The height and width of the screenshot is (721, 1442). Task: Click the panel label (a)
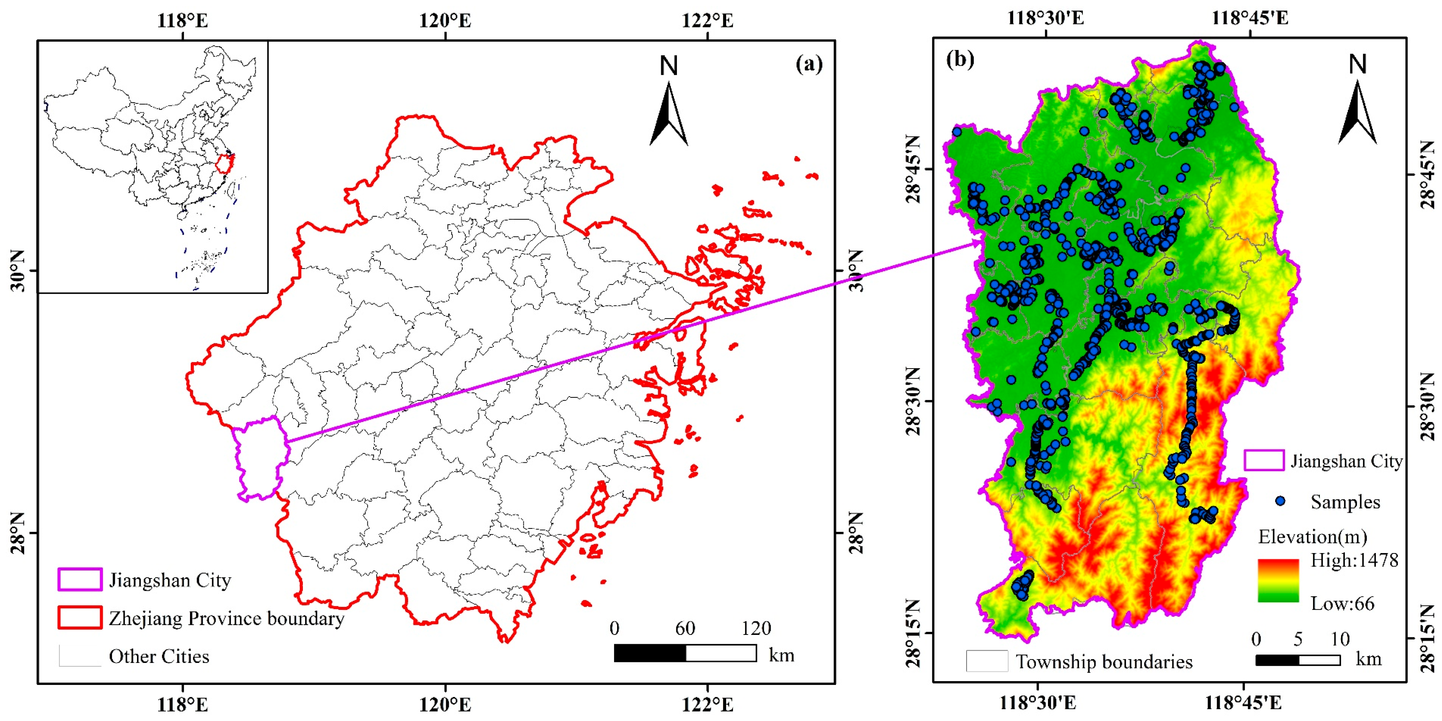coord(809,64)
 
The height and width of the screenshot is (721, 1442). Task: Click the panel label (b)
coord(960,59)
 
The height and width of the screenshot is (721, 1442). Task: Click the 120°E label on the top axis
coord(445,21)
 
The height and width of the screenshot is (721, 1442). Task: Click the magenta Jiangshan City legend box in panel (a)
coord(80,579)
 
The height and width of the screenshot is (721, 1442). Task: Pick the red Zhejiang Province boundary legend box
coord(80,618)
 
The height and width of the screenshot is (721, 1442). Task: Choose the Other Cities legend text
coord(159,656)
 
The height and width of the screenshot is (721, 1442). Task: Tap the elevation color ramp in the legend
coord(1278,581)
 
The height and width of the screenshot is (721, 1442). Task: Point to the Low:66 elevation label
coord(1342,604)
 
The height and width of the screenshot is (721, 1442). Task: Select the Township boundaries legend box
coord(987,661)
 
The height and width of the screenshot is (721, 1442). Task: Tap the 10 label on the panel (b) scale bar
coord(1339,639)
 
